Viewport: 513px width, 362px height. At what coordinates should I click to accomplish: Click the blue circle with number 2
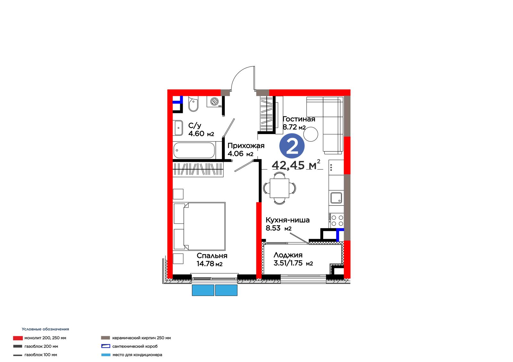[x=292, y=146]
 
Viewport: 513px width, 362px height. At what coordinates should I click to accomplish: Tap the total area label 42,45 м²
[x=296, y=165]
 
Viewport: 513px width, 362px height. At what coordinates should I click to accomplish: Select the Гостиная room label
[x=299, y=119]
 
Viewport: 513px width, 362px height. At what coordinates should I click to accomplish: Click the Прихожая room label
[x=246, y=146]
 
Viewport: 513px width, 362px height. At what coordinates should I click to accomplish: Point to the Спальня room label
[x=212, y=255]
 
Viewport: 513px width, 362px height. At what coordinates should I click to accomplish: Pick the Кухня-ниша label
[x=287, y=220]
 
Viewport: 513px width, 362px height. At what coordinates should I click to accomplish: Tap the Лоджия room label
[x=288, y=255]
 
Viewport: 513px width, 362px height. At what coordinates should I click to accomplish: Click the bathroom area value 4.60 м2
[x=201, y=133]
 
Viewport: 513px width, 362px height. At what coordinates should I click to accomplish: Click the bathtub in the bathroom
[x=194, y=150]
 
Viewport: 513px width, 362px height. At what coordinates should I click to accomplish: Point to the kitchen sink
[x=336, y=197]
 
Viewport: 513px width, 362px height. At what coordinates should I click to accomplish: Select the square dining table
[x=279, y=188]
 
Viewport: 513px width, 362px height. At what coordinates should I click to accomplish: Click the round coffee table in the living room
[x=311, y=134]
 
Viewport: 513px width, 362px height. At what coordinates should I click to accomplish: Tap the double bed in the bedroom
[x=199, y=226]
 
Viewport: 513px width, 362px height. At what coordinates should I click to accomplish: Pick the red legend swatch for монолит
[x=18, y=338]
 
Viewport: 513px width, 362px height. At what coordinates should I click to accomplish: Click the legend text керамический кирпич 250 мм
[x=141, y=338]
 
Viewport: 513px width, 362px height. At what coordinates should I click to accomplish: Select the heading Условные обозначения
[x=45, y=329]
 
